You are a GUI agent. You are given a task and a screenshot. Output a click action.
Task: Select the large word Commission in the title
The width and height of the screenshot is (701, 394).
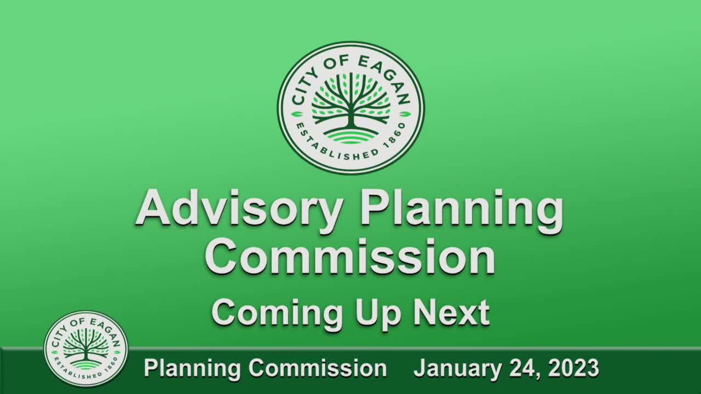350,257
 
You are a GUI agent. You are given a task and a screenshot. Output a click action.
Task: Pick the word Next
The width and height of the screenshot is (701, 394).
451,313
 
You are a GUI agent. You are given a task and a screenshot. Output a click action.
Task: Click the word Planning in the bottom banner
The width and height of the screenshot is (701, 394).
191,368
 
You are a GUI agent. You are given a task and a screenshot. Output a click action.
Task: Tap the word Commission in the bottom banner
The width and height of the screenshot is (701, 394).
317,368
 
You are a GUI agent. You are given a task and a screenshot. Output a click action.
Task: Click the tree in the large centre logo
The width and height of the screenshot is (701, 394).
350,101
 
